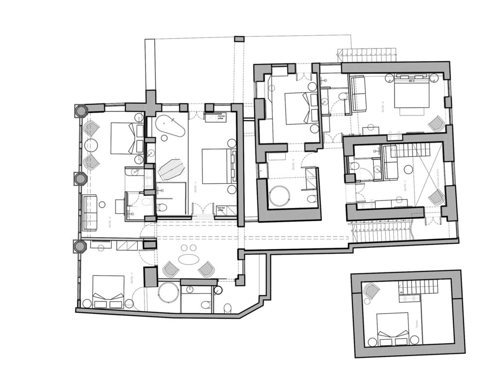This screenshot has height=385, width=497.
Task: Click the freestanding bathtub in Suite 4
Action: coord(169,127)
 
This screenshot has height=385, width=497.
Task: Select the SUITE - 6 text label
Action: coord(382,106)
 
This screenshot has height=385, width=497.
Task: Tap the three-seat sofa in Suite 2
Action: coord(90,212)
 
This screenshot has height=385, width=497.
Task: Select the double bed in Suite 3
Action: coord(108,291)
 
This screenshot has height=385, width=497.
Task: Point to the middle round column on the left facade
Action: coord(80,179)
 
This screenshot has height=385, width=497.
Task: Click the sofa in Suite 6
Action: coord(358,94)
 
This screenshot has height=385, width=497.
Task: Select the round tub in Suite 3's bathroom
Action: coord(168,292)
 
